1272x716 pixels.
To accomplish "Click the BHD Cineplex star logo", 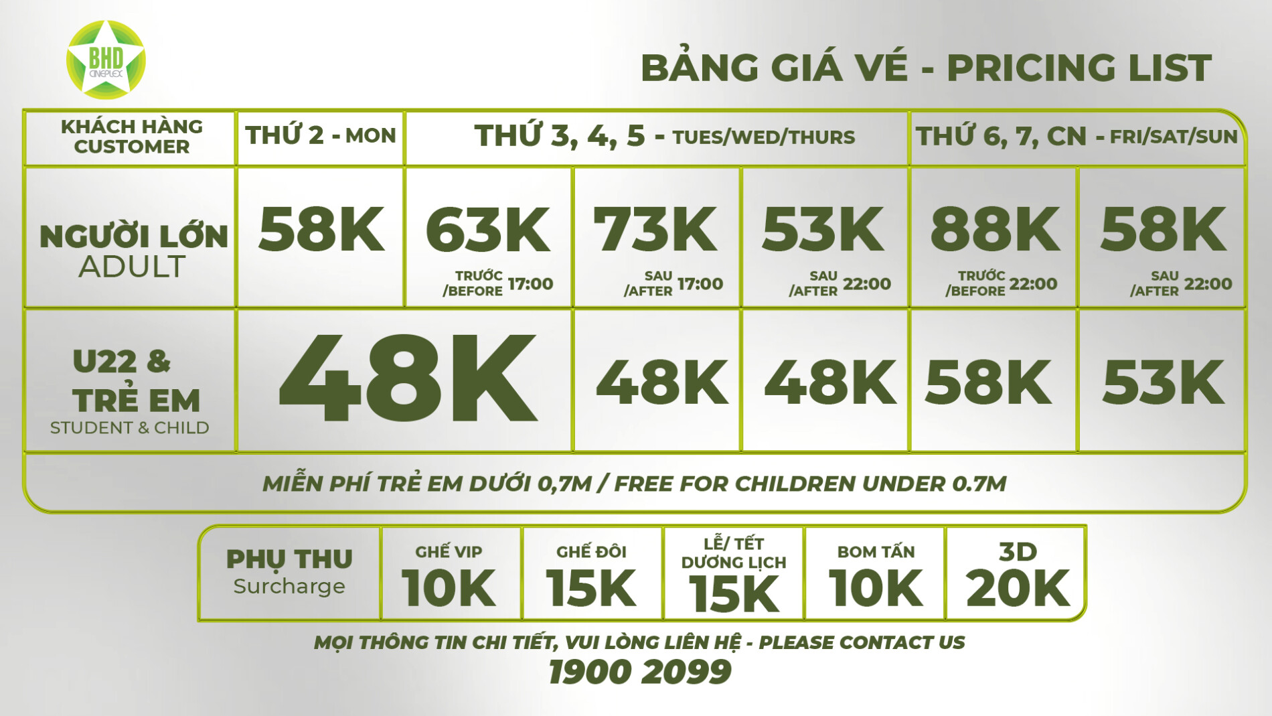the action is point(106,60).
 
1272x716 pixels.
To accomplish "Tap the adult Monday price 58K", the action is point(321,230).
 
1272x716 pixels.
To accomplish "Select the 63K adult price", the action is point(488,230).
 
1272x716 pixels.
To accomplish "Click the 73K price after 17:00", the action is point(655,230).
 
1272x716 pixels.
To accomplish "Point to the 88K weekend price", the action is point(995,230).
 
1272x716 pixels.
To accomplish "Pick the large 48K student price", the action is point(407,379).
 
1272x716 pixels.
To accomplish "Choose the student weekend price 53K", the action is point(1163,382).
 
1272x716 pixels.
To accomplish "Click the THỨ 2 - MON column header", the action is point(321,136).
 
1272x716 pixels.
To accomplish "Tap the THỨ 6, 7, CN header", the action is point(1077,137).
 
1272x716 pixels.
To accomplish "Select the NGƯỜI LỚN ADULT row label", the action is point(133,251).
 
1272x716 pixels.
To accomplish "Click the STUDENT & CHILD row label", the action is point(130,427).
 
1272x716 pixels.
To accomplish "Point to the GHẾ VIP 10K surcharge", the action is point(449,576).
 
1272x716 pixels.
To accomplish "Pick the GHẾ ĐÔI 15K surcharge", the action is point(591,576).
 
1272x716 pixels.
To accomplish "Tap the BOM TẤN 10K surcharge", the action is point(876,576).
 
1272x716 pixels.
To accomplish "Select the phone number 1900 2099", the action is point(639,672).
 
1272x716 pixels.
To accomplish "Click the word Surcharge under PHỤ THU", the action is point(289,587).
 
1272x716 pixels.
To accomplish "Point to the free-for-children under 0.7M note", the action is point(635,484).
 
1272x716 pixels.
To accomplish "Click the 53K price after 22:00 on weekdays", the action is point(823,230).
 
